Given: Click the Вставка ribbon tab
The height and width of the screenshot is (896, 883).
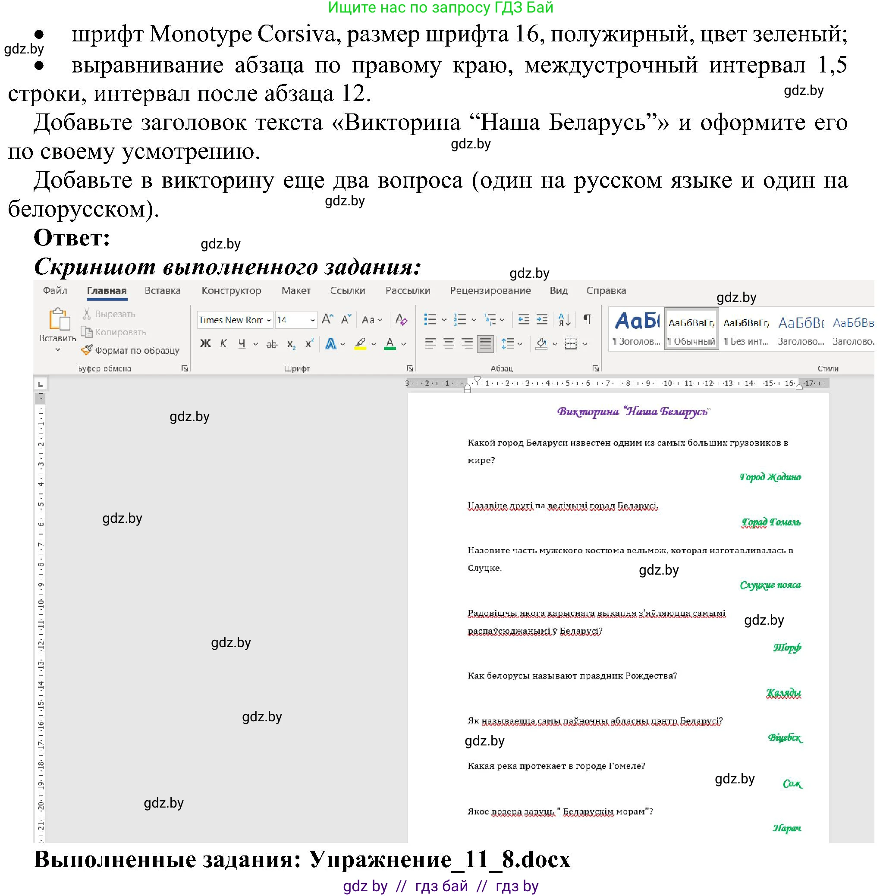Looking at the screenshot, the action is (162, 291).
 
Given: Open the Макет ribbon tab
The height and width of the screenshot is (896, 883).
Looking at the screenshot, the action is (295, 291).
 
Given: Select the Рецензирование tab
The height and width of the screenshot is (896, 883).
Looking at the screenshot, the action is (490, 291).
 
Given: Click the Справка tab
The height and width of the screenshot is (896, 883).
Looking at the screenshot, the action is (606, 291).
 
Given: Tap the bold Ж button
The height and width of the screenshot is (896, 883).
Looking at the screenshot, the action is (205, 344).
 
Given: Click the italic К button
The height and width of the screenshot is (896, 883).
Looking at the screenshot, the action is (223, 344).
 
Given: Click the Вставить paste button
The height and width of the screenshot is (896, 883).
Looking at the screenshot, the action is (58, 325).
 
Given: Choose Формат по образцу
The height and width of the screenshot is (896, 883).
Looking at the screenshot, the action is (131, 351).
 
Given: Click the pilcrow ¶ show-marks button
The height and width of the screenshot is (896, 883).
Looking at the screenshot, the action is (587, 320).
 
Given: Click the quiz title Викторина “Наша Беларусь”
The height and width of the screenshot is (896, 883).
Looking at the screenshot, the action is (634, 412).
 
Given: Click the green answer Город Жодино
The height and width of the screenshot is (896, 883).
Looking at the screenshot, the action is (770, 477).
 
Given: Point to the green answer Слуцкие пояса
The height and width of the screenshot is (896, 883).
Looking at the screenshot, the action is (770, 585).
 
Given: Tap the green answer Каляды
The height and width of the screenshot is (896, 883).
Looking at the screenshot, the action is (783, 693).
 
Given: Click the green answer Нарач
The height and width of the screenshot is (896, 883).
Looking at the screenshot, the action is (786, 828).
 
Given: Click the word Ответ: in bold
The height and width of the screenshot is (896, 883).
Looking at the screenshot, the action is (72, 239).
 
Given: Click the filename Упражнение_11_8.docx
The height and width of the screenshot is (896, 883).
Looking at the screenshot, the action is (440, 860).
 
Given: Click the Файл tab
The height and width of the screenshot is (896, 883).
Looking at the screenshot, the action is (55, 291).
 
